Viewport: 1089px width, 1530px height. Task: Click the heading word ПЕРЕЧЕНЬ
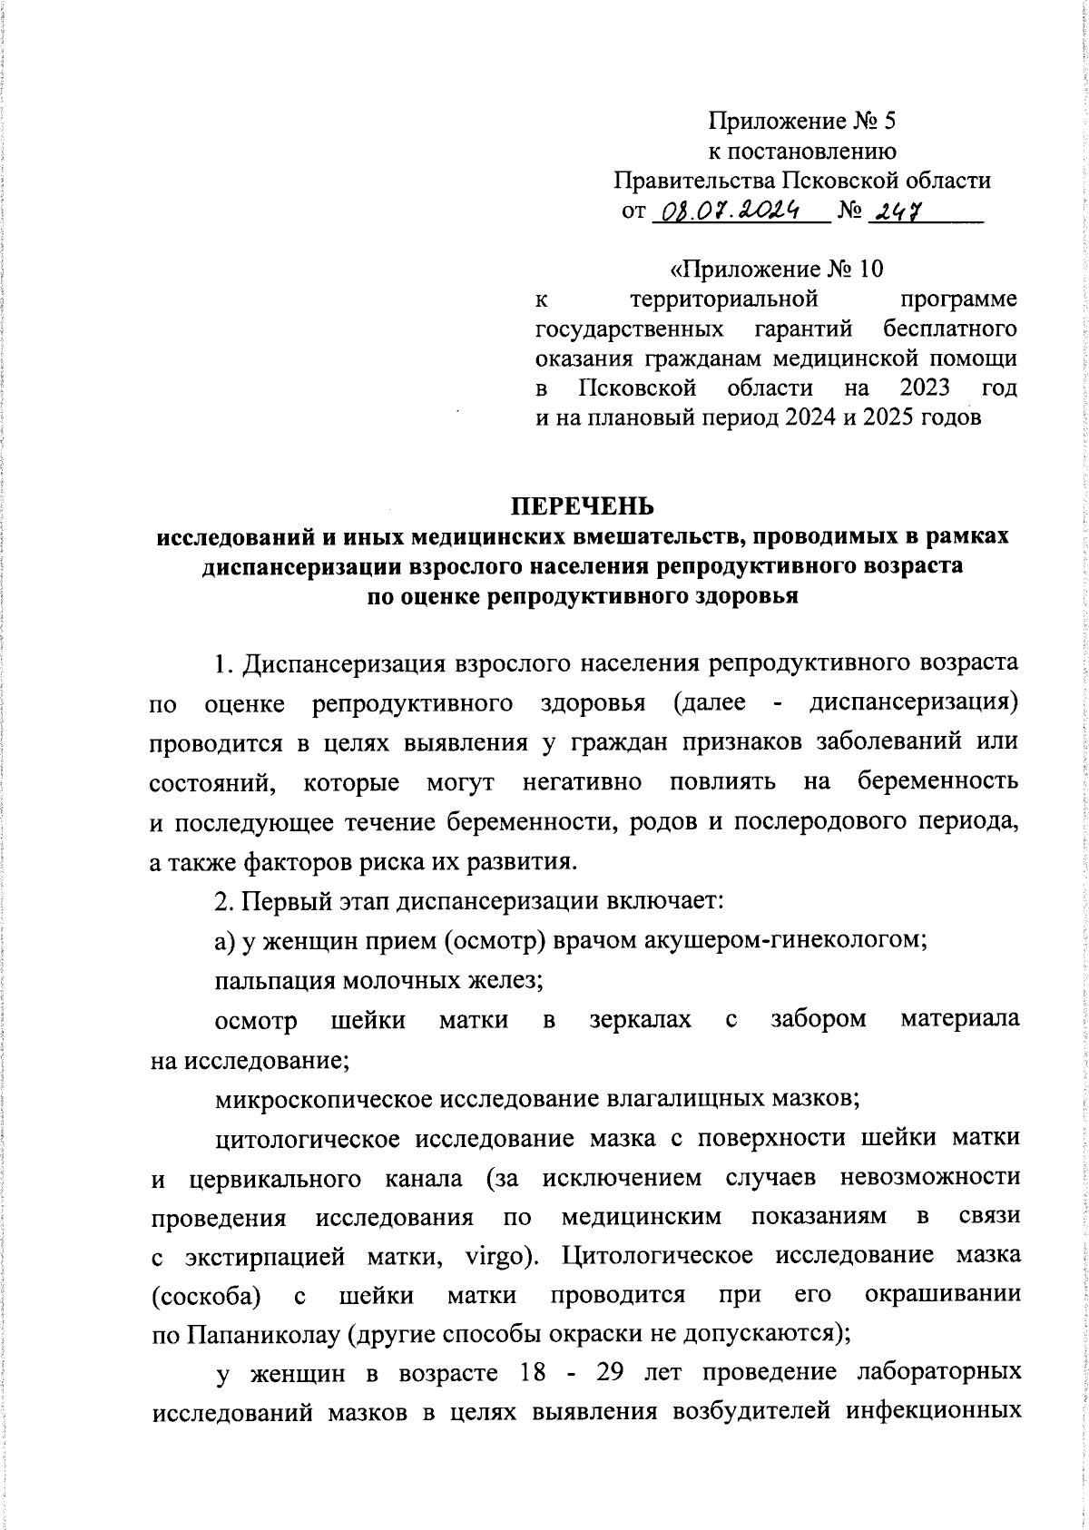[581, 505]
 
